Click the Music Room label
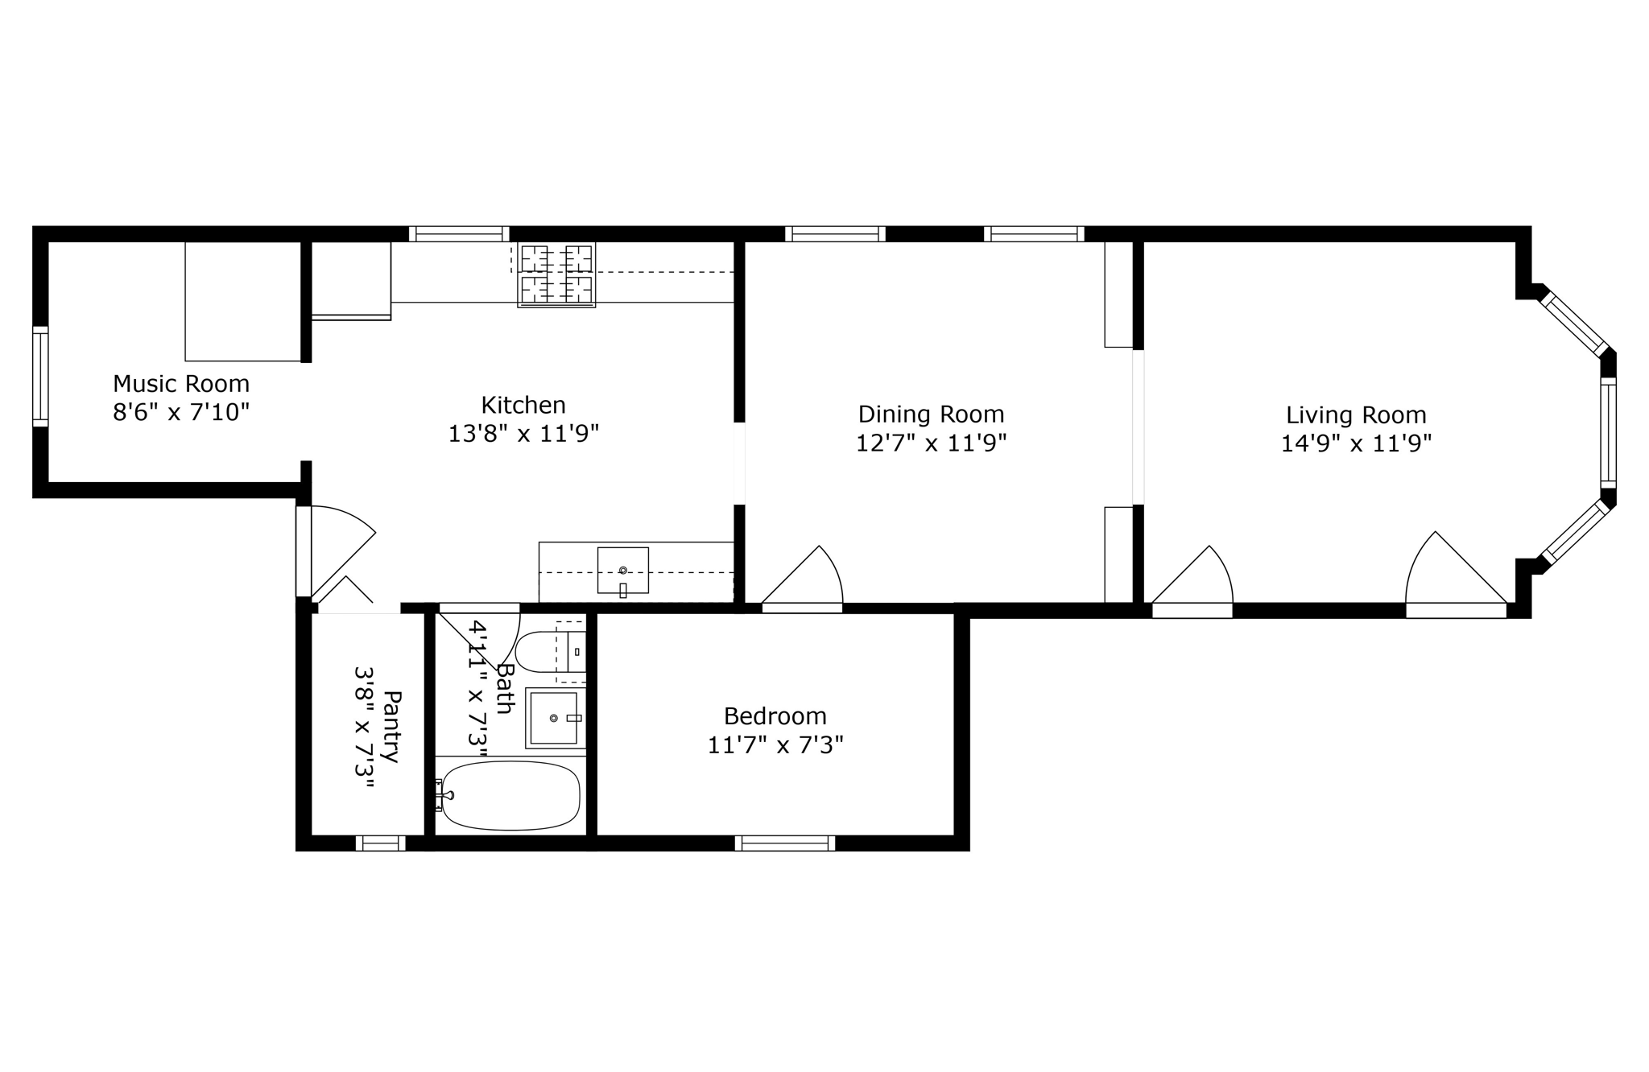point(181,384)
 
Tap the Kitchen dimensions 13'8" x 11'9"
point(523,435)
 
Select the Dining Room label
point(931,414)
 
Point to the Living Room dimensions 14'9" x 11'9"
point(1356,444)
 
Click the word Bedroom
point(775,716)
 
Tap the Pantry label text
point(391,727)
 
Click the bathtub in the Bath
point(510,795)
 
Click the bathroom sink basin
point(554,717)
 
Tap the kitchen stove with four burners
point(556,274)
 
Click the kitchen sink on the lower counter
point(622,570)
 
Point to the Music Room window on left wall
point(40,377)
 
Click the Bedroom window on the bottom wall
point(784,843)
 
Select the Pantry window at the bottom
point(380,843)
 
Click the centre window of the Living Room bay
point(1607,432)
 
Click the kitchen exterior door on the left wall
point(304,551)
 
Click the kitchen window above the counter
point(459,234)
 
